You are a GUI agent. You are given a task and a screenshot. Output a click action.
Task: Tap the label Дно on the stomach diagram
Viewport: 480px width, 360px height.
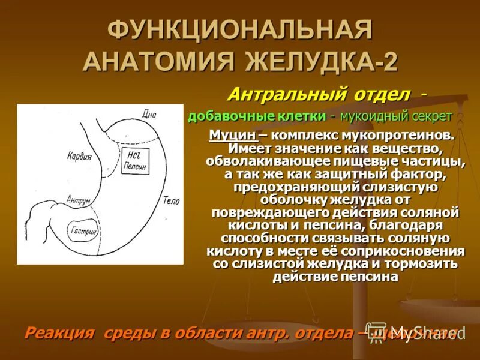tap(149, 113)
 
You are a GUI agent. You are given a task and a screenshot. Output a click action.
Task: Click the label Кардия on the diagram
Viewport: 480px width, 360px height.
tap(79, 157)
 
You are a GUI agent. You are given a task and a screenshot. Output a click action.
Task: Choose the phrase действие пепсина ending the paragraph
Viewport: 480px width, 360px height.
tap(335, 277)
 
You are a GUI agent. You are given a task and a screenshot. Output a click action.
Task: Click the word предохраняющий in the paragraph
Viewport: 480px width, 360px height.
tap(292, 187)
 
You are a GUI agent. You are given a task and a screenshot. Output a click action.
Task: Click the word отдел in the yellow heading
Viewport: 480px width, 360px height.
tap(385, 94)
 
